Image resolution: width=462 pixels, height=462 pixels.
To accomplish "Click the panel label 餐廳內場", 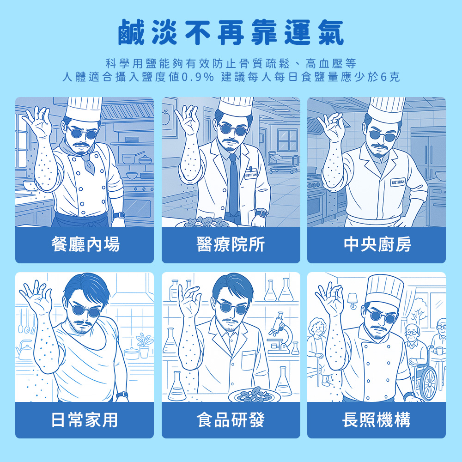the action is [85, 244].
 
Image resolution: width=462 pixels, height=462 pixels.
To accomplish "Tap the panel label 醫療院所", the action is [231, 244].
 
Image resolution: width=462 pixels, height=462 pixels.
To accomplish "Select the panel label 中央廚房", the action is [377, 244].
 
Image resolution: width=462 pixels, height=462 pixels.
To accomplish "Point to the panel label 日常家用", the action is [85, 419].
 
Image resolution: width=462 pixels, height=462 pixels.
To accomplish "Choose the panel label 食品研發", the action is [231, 419].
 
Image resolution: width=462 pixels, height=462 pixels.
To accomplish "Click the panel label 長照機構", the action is [376, 419].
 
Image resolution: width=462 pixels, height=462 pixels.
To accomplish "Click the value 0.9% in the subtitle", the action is [198, 77].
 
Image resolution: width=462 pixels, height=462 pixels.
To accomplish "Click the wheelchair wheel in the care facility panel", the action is [428, 382].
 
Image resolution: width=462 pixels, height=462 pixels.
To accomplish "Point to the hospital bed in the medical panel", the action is [283, 162].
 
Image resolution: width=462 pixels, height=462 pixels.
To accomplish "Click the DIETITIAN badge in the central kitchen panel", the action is [398, 182].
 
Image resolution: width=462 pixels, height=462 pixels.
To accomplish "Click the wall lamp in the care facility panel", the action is [352, 301].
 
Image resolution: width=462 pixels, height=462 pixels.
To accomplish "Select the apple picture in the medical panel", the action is [165, 117].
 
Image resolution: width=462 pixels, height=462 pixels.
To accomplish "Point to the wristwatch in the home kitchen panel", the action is [122, 395].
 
